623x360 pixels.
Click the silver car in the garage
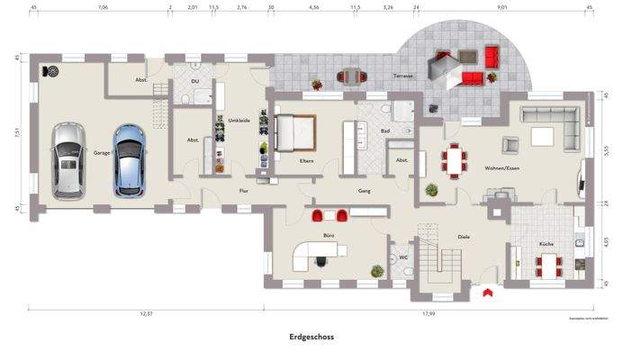click(66, 160)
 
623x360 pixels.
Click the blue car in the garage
click(129, 160)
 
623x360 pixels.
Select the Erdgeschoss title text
click(311, 337)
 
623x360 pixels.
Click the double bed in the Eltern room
click(298, 134)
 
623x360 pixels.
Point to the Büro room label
click(329, 236)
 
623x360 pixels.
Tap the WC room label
click(403, 256)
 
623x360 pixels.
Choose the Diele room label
click(464, 237)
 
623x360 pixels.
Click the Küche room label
click(545, 245)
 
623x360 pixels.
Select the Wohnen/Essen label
click(501, 168)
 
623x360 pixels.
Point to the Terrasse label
click(402, 76)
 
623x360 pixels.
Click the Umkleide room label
click(239, 120)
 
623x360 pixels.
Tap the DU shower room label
click(195, 81)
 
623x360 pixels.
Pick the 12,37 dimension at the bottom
click(145, 313)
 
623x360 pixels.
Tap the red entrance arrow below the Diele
click(487, 292)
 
